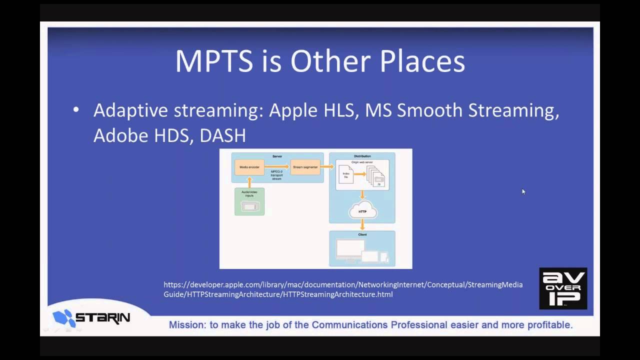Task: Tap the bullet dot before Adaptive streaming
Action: point(76,110)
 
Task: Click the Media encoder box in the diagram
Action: point(249,167)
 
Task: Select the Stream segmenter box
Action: point(305,167)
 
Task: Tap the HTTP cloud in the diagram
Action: point(362,211)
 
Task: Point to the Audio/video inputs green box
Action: point(249,201)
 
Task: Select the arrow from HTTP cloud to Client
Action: point(362,225)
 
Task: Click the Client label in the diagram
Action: point(362,234)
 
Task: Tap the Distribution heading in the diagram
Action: point(362,156)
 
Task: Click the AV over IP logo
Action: point(563,288)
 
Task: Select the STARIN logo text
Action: point(102,317)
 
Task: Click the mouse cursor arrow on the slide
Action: point(523,191)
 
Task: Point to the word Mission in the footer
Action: point(187,325)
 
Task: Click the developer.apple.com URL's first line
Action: point(343,285)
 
